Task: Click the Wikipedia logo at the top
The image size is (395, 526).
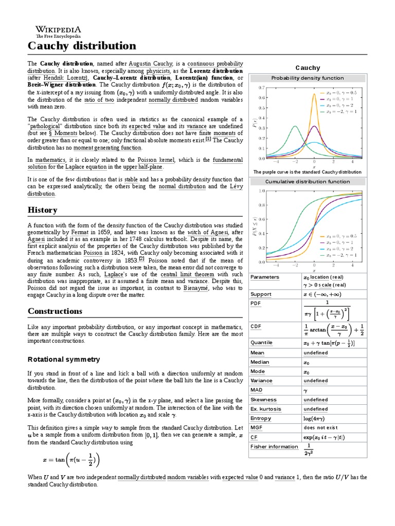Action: point(58,31)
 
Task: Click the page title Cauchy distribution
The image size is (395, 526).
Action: point(82,46)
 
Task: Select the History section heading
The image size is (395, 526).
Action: point(42,210)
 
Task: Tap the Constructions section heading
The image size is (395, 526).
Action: point(55,311)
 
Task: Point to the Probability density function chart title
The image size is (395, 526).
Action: point(307,78)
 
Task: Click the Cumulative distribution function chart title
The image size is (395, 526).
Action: point(307,181)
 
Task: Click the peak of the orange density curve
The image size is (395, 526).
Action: point(313,94)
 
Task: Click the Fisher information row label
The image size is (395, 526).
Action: point(274,446)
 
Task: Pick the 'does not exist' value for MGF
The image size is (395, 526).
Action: point(320,427)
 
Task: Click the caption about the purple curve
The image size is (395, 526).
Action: point(307,172)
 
